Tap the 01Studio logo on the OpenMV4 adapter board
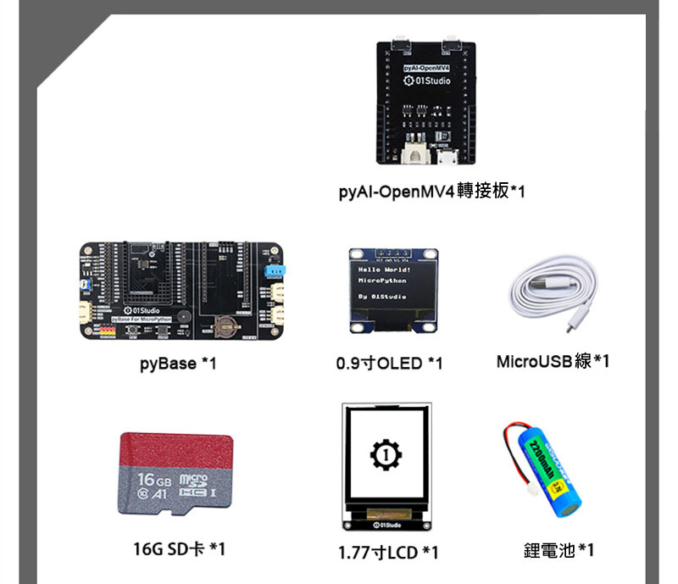pos(429,81)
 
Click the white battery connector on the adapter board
pos(415,153)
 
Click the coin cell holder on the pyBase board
pos(226,325)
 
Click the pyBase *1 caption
pos(178,364)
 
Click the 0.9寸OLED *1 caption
pos(389,364)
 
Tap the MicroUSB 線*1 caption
pos(553,362)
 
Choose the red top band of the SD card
pos(175,448)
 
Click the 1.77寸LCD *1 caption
pos(388,553)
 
